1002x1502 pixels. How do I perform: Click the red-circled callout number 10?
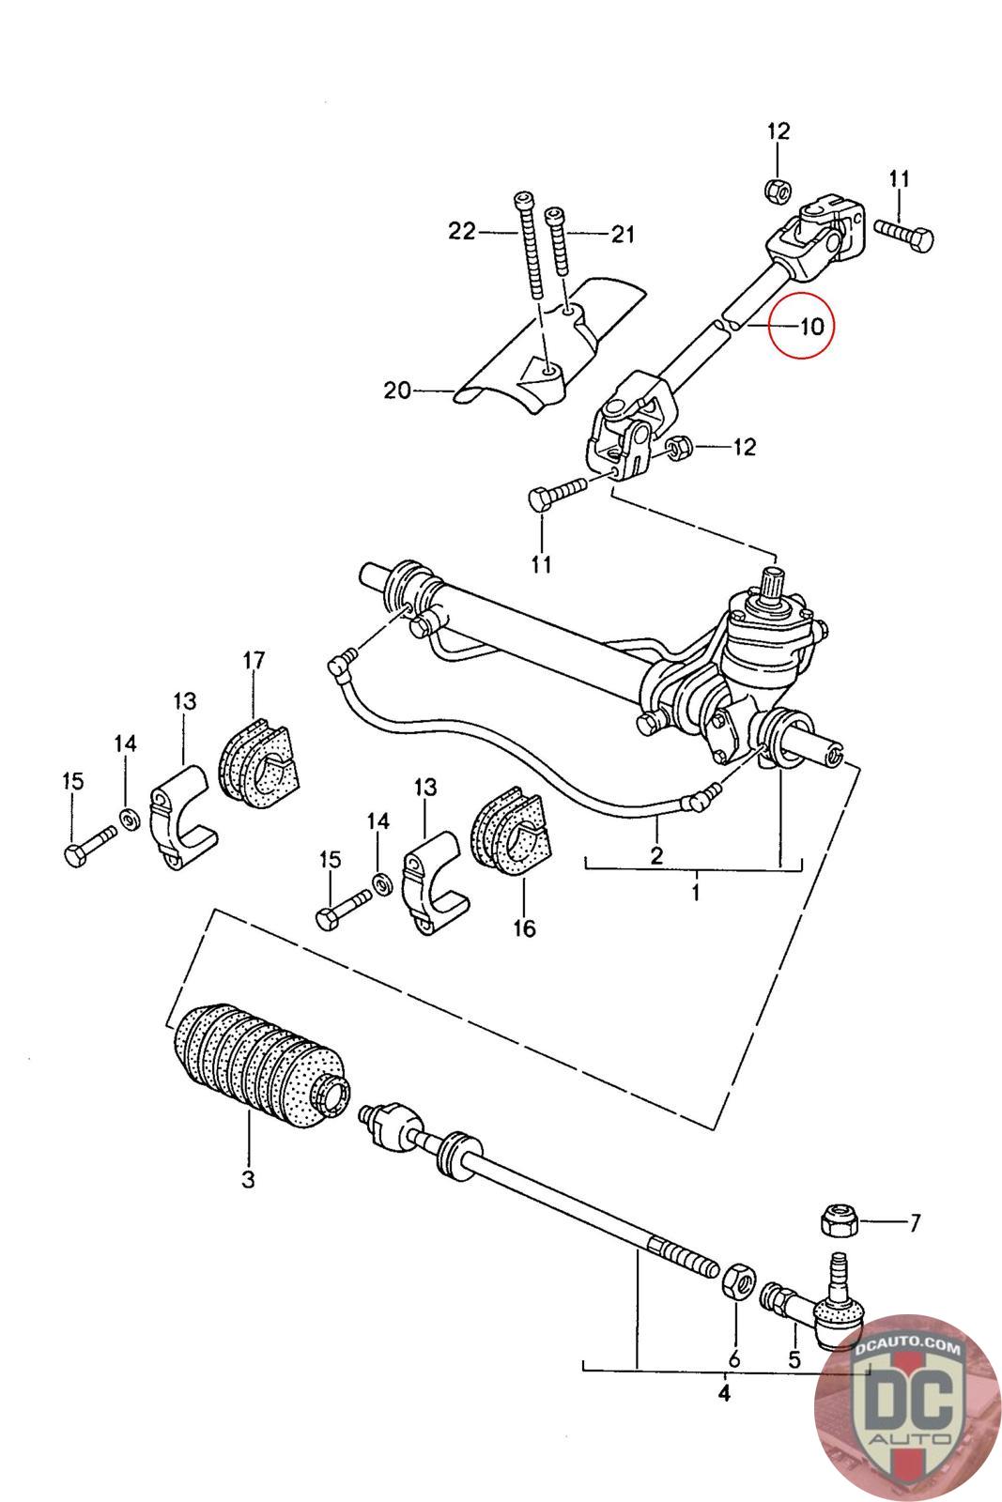[811, 327]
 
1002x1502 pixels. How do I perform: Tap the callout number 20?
[396, 390]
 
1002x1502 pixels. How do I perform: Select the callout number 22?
[462, 231]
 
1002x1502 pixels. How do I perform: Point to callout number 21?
[623, 234]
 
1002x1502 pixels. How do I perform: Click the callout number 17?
[254, 661]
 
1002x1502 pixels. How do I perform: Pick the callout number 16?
[524, 928]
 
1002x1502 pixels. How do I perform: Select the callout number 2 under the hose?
[656, 855]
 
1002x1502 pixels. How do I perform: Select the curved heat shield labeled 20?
[550, 345]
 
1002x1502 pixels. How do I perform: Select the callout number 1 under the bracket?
[696, 893]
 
